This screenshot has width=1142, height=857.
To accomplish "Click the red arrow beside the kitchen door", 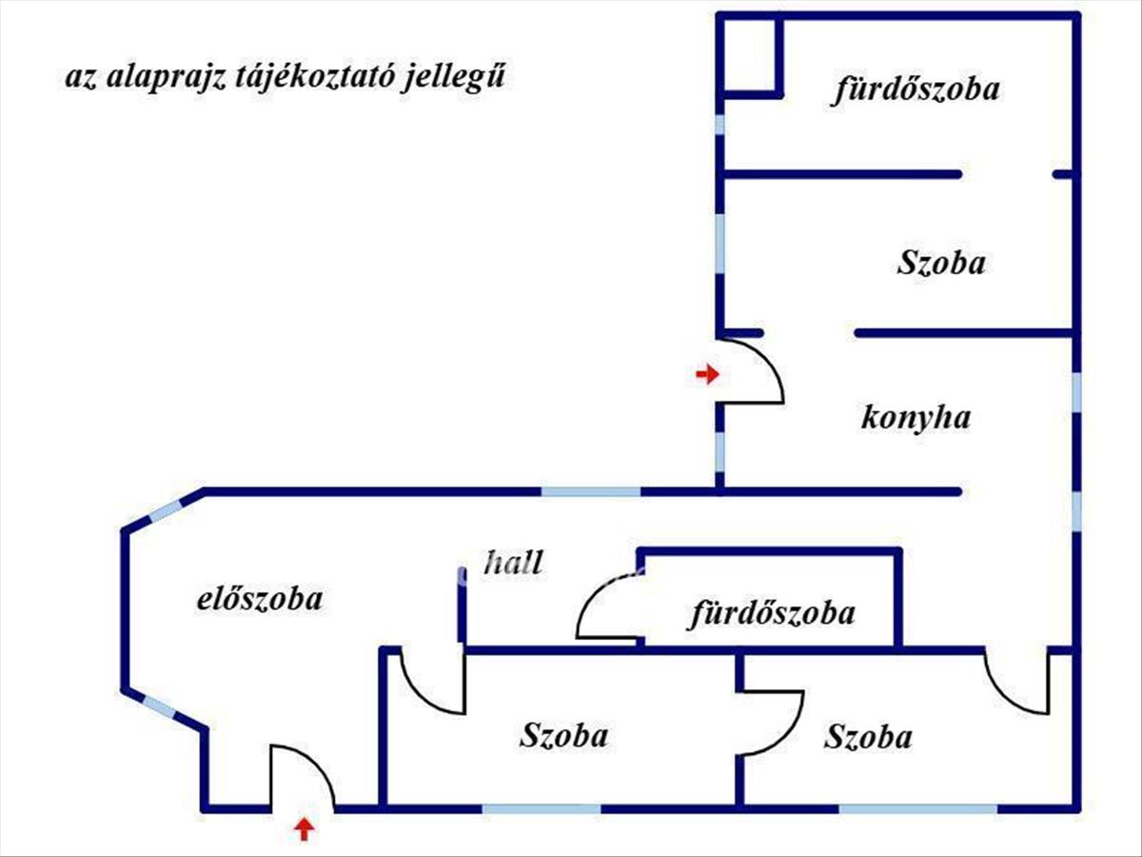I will pos(707,374).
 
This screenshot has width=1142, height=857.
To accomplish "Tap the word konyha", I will pos(916,417).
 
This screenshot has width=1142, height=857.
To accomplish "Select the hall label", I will pos(514,562).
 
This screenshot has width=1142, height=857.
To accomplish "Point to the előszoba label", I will pos(259,599).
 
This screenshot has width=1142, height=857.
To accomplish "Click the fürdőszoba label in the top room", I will pos(916,90).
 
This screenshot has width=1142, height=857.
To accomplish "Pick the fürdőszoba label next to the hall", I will pos(772,613).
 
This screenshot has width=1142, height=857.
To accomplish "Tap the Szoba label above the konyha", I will pos(940,263).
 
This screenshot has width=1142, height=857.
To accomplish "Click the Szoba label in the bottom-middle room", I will pos(563,735).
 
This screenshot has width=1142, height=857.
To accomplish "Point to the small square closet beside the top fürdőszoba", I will pos(749,56).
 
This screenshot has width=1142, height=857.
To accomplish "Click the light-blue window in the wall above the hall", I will pos(590,491).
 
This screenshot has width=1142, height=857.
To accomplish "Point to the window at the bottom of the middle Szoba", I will pos(541,808).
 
